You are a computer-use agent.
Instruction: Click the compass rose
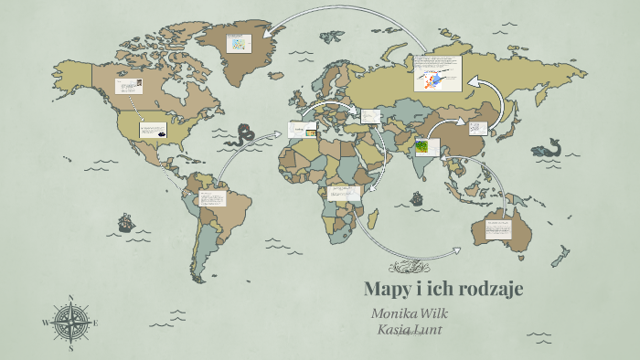tap(70, 322)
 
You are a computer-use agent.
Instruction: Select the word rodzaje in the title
tap(487, 290)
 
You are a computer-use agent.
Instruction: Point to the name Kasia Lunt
tap(410, 329)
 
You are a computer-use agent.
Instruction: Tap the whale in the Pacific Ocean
tap(547, 150)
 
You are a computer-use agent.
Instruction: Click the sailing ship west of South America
tap(126, 222)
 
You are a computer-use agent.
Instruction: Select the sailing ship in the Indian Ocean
tap(416, 198)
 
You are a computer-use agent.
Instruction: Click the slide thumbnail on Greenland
tap(240, 43)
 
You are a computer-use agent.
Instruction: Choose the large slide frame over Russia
tap(437, 73)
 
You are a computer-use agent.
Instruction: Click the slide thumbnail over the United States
tap(153, 131)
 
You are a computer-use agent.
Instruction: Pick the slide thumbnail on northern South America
tap(212, 198)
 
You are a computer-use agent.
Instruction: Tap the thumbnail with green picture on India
tap(426, 147)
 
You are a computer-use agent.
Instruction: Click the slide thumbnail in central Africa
tap(346, 193)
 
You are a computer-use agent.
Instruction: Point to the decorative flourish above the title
tap(408, 268)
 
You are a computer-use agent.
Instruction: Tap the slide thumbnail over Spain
tap(302, 130)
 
